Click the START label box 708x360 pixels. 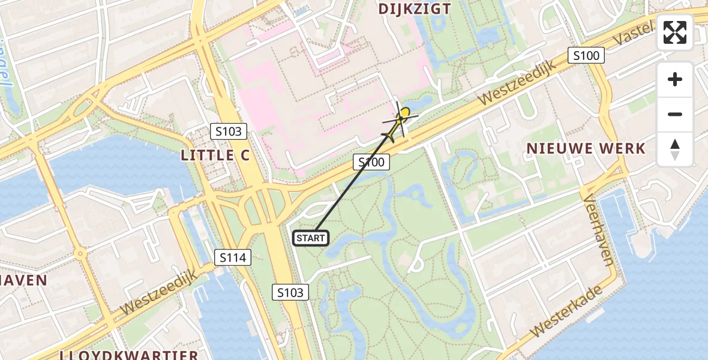coord(310,238)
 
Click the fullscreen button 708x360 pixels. coord(675,32)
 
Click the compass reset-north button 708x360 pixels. coord(675,149)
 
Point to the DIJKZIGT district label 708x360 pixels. coord(415,8)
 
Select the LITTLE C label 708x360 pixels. coord(215,155)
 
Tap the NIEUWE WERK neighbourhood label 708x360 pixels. coord(586,148)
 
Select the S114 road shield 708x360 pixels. coord(232,258)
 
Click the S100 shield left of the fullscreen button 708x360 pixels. coord(586,56)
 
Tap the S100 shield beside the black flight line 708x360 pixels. coord(371,161)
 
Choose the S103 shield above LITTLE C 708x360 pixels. coord(229,130)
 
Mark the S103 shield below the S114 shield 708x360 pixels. coord(291,292)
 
